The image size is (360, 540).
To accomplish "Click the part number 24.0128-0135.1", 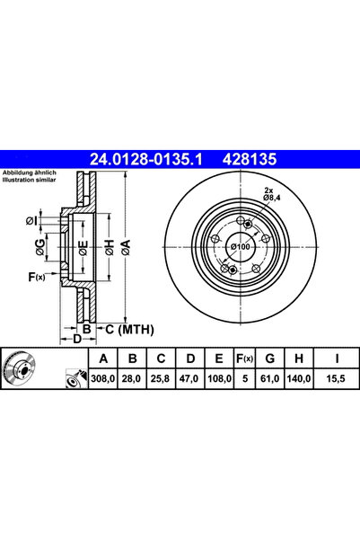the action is coord(145,159).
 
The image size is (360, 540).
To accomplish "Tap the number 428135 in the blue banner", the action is coord(250,159).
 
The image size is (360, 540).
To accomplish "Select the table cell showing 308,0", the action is coord(103,379).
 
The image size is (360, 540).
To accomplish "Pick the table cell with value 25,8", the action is coord(161,379).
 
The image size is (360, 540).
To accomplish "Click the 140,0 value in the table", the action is coord(299,379).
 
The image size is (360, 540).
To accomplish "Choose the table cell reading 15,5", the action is coord(336,379).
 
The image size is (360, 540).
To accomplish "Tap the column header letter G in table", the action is coord(270,359).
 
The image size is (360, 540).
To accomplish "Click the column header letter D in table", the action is coord(190,359).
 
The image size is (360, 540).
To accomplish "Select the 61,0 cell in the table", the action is coord(270,379).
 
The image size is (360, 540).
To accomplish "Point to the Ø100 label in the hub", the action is coord(241,246).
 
